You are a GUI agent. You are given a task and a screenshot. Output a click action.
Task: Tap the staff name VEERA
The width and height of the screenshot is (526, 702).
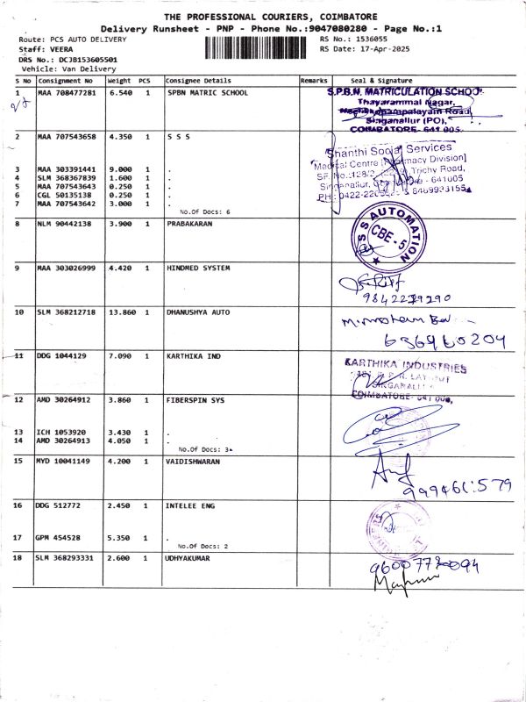click(61, 49)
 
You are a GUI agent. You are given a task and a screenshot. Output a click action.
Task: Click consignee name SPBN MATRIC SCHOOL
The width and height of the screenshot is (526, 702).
click(207, 92)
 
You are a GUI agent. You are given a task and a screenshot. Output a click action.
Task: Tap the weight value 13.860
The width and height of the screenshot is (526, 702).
click(120, 312)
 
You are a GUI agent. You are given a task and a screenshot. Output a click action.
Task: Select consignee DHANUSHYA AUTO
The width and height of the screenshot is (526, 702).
click(198, 312)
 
